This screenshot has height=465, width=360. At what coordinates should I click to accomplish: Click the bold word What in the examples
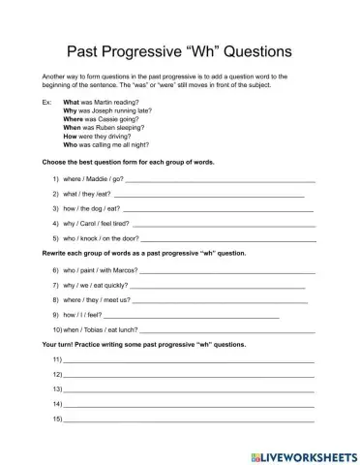click(72, 102)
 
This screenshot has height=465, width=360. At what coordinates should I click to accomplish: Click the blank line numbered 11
click(189, 361)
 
